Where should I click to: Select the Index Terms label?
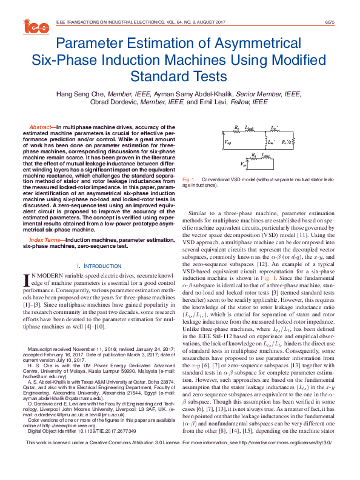coord(45,240)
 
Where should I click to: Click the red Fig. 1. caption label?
coord(188,180)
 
